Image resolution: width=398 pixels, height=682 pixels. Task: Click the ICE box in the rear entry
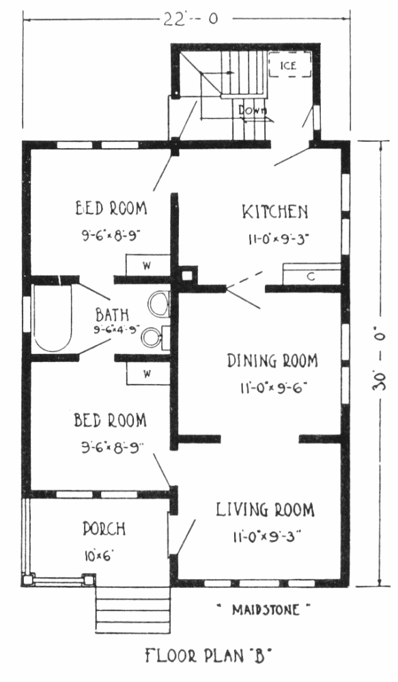pyautogui.click(x=289, y=65)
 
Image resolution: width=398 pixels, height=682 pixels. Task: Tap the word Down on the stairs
pyautogui.click(x=252, y=110)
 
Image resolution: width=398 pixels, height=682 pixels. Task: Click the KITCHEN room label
pyautogui.click(x=275, y=212)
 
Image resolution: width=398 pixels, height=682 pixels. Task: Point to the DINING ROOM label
pyautogui.click(x=272, y=361)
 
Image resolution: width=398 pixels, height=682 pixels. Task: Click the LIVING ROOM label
pyautogui.click(x=265, y=509)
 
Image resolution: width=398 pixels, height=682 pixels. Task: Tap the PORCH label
pyautogui.click(x=104, y=529)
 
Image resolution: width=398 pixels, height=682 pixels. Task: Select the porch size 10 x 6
pyautogui.click(x=97, y=555)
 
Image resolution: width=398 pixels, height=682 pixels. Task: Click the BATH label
pyautogui.click(x=112, y=314)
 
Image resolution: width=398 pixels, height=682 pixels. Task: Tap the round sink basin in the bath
pyautogui.click(x=152, y=336)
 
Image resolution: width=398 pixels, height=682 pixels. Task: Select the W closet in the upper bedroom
pyautogui.click(x=147, y=265)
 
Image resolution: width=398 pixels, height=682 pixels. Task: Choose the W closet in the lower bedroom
pyautogui.click(x=148, y=374)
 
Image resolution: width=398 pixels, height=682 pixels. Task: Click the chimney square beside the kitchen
pyautogui.click(x=186, y=276)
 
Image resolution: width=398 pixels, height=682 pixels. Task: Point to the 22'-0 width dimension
pyautogui.click(x=190, y=20)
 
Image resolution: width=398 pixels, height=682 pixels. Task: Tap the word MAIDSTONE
pyautogui.click(x=265, y=609)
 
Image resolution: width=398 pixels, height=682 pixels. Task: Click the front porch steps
pyautogui.click(x=133, y=610)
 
